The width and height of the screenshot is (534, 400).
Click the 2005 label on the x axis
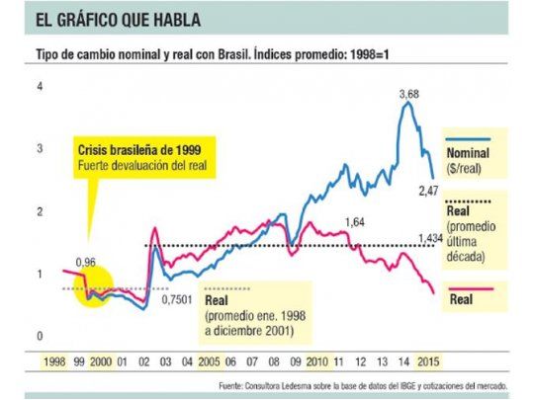click(x=209, y=362)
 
